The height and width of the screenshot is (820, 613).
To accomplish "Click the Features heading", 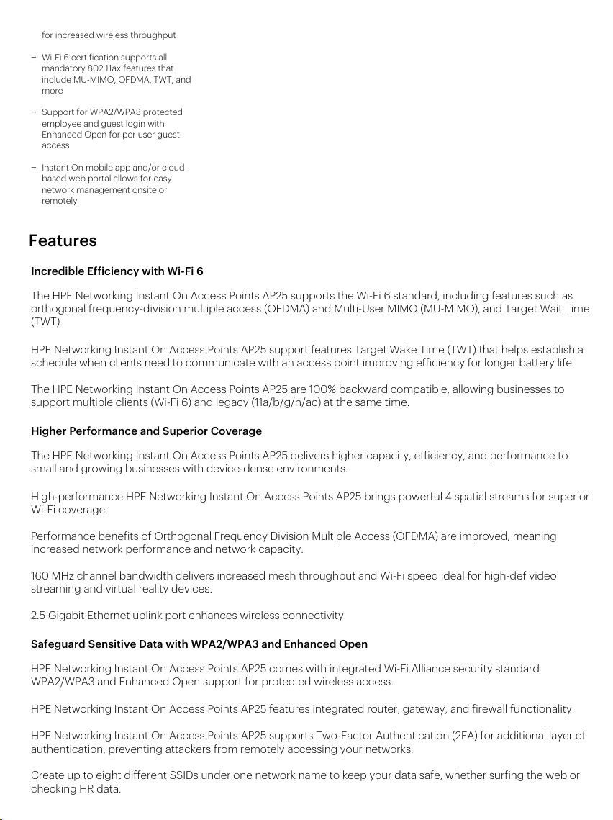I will [x=63, y=240].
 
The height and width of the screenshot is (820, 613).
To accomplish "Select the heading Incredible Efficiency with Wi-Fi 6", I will [x=117, y=271].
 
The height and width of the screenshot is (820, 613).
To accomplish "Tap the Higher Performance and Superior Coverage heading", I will [x=146, y=431].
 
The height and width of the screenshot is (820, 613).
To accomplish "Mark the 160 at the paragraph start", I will [x=40, y=576].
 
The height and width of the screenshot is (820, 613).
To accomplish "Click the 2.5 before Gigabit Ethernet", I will [x=37, y=616].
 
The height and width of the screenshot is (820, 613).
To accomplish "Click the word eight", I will [x=95, y=775].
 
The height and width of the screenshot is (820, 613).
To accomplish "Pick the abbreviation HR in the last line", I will [x=86, y=789].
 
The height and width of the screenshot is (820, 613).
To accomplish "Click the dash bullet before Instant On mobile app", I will [x=34, y=168].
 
